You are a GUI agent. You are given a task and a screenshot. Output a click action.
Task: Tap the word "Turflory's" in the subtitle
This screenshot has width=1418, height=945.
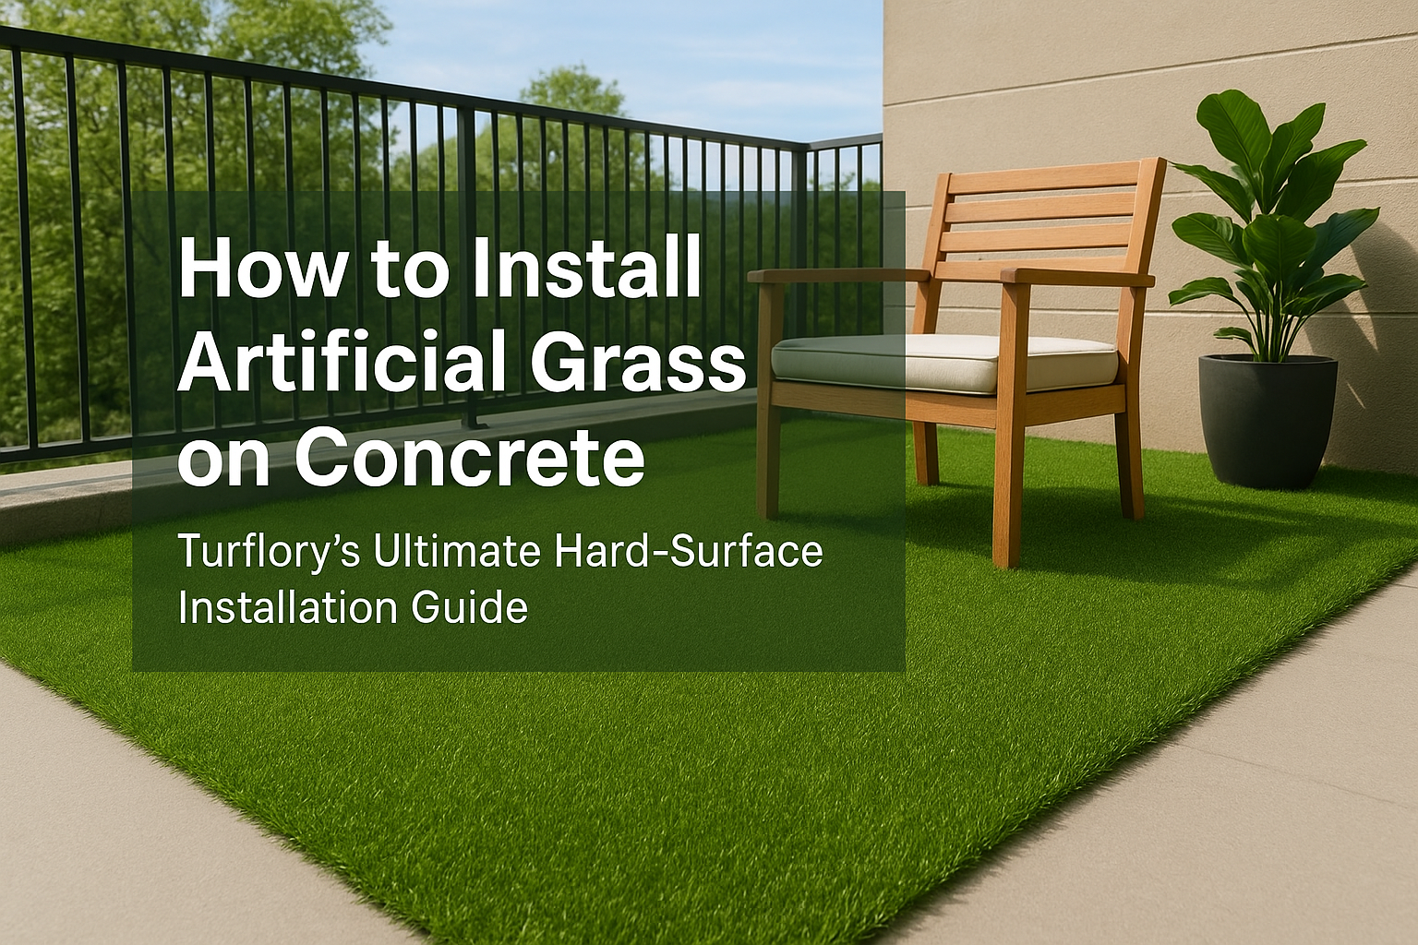click(x=267, y=552)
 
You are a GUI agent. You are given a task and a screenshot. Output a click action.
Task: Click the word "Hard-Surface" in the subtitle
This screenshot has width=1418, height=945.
click(x=689, y=551)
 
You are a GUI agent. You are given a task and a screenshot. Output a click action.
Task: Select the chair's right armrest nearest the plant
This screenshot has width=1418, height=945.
click(x=1076, y=276)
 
